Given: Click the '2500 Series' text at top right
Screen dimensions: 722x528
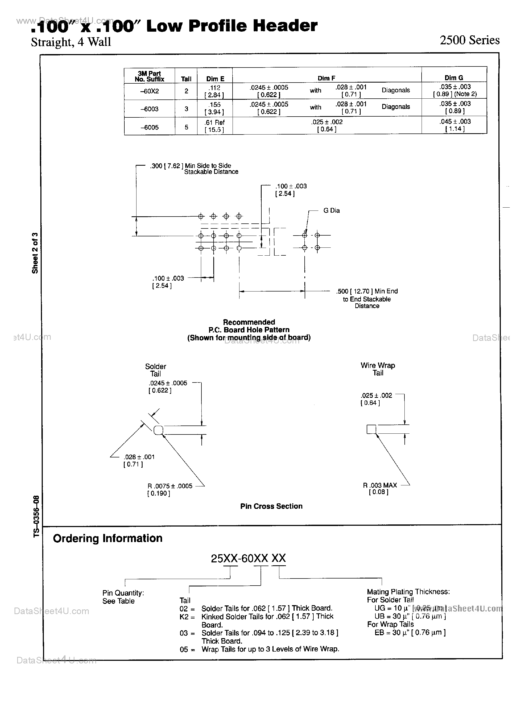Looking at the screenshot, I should coord(469,40).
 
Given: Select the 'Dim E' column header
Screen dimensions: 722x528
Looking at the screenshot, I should coord(215,79).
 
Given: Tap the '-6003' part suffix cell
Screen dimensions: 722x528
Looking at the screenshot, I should coord(149,109).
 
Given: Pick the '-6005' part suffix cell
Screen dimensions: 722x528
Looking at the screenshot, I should coord(149,127).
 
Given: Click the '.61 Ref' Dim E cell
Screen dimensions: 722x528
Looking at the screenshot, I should coord(215,122).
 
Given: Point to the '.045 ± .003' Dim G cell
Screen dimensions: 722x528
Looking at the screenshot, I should coord(455,121).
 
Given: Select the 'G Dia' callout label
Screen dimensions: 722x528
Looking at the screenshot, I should coord(331,211).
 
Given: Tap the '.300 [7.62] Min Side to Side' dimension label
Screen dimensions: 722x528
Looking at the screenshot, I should coord(191,165).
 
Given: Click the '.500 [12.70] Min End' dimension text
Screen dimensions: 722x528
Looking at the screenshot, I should coord(367,291).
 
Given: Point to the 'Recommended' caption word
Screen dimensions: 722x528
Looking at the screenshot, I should coord(249,322).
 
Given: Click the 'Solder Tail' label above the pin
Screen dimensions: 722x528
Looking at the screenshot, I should coord(156,370).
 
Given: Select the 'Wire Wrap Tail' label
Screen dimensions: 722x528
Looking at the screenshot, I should coord(378,369).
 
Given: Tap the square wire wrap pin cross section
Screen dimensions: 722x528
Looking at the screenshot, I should coord(371,429).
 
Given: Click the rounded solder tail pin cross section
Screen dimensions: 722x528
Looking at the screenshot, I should coord(158,430).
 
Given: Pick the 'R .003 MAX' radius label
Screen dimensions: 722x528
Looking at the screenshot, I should coord(380,485).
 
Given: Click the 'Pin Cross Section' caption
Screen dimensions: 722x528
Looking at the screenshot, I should coord(271,506).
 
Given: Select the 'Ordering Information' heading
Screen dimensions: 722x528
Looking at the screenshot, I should coord(108,538).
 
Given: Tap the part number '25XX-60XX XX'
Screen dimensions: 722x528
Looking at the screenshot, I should coord(248,558).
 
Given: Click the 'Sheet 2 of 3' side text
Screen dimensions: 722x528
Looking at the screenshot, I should coord(35,253).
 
